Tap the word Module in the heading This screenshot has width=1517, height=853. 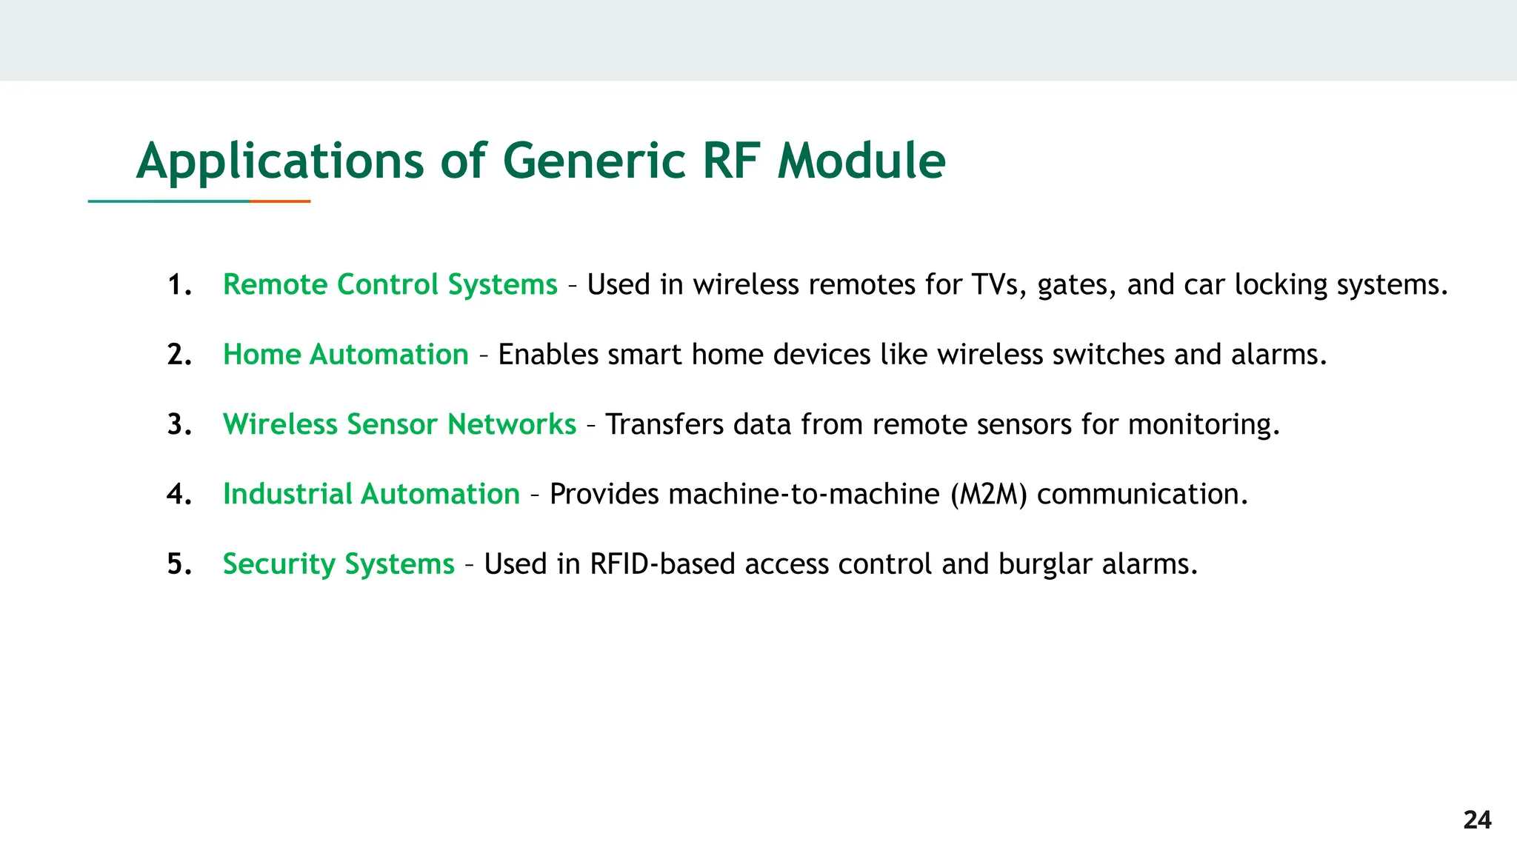861,161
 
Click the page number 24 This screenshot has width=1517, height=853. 1477,820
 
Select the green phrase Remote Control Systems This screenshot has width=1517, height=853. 390,285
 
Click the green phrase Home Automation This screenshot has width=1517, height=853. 345,355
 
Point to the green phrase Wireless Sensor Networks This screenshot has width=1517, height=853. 399,425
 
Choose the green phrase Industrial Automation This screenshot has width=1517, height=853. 371,495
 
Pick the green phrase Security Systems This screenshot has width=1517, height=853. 339,564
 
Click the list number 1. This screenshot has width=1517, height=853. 179,285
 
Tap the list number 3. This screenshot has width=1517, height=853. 179,425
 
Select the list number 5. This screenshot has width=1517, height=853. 179,564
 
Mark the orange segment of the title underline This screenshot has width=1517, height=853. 280,201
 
